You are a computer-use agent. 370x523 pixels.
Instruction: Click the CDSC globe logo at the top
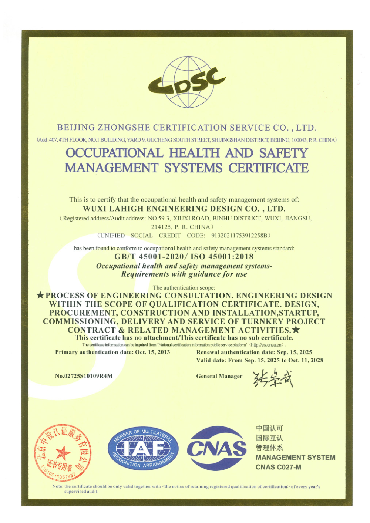(x=187, y=82)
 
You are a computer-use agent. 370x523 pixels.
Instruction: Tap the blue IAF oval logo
(x=143, y=449)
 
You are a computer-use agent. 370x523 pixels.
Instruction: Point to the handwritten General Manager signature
(x=273, y=378)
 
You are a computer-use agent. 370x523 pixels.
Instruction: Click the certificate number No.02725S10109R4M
(x=84, y=376)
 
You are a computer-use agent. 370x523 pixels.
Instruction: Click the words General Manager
(x=219, y=376)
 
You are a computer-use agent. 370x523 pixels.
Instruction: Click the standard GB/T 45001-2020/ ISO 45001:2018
(x=184, y=257)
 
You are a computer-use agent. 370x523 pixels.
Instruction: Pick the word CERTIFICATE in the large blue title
(x=268, y=168)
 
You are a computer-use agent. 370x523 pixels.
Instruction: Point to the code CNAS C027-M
(x=278, y=467)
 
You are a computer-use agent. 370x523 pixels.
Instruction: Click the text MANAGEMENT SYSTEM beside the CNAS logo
(x=295, y=458)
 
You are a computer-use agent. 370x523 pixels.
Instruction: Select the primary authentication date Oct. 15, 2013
(x=152, y=352)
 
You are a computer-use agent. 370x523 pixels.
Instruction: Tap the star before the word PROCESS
(x=40, y=295)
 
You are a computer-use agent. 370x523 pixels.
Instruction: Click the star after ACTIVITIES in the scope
(x=296, y=330)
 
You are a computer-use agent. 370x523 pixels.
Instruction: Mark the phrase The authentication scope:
(x=184, y=287)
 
